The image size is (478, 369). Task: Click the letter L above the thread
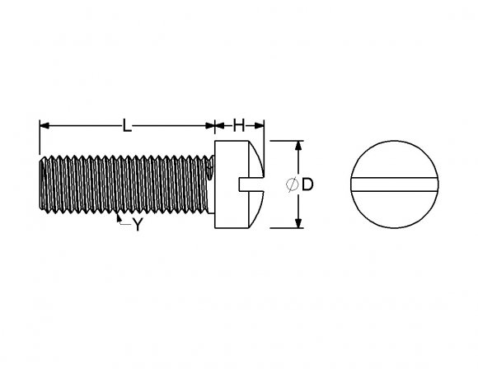[125, 126]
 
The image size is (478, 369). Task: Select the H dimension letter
[239, 126]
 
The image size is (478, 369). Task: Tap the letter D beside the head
[307, 184]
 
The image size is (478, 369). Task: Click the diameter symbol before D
[293, 184]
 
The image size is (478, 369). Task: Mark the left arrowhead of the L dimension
[44, 126]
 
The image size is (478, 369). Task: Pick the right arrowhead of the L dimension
[210, 126]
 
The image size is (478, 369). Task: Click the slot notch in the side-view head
[246, 183]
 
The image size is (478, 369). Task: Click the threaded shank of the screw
[124, 184]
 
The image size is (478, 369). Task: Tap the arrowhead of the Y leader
[119, 217]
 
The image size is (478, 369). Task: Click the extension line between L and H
[215, 132]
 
